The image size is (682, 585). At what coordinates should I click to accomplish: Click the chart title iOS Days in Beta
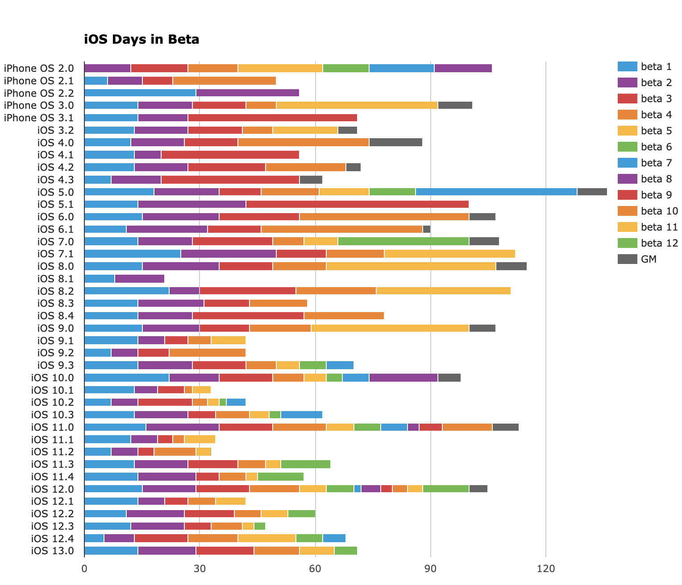pos(141,40)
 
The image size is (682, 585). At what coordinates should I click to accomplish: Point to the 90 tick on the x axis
pos(430,569)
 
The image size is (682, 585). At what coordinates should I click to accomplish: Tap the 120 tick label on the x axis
pos(545,569)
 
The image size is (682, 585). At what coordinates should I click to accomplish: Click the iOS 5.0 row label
pos(55,192)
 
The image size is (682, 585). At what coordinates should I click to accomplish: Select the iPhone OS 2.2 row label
pos(38,93)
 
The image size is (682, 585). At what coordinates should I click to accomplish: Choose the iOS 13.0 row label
pos(52,551)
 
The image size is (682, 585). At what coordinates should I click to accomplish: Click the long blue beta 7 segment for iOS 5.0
pos(496,192)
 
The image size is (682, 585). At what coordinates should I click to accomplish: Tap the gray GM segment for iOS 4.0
pos(395,143)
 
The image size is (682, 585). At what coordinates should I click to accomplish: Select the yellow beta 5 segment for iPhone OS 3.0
pos(357,105)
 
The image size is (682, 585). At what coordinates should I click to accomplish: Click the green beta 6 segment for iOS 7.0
pos(403,241)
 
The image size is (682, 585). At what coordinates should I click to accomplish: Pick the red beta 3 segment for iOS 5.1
pos(357,204)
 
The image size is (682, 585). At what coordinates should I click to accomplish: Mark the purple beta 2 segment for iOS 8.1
pos(140,279)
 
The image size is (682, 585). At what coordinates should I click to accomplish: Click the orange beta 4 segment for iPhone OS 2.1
pos(224,81)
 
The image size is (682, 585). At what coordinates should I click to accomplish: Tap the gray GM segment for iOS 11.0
pos(505,427)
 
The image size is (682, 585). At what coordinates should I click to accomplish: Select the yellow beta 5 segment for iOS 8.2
pos(443,291)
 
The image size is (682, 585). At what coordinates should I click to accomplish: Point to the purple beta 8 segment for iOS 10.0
pos(403,378)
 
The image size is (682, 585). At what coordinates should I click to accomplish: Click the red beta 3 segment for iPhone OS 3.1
pos(272,118)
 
